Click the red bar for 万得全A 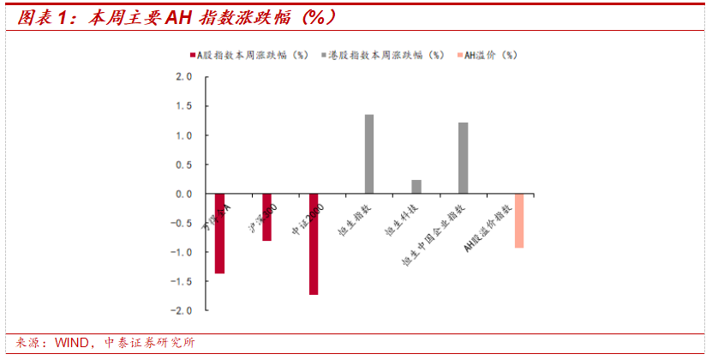coord(219,233)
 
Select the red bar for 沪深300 coord(266,217)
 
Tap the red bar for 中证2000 coord(314,244)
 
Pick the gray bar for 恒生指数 coord(369,154)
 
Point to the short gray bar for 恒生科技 coord(416,187)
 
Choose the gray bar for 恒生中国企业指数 coord(464,159)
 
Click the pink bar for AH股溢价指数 coord(519,221)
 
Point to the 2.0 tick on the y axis coord(183,77)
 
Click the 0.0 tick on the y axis coord(183,194)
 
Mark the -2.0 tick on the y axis coord(182,310)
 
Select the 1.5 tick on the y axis coord(183,106)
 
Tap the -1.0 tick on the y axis coord(182,252)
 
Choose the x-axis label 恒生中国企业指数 coord(432,236)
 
